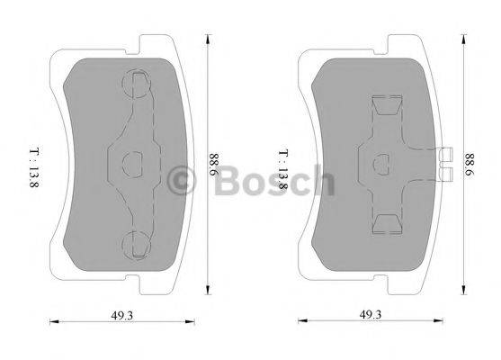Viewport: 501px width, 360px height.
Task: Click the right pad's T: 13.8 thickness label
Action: (x=282, y=166)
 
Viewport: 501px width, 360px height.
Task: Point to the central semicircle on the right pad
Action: (x=380, y=163)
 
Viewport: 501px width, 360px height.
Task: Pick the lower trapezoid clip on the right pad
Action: (x=386, y=221)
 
